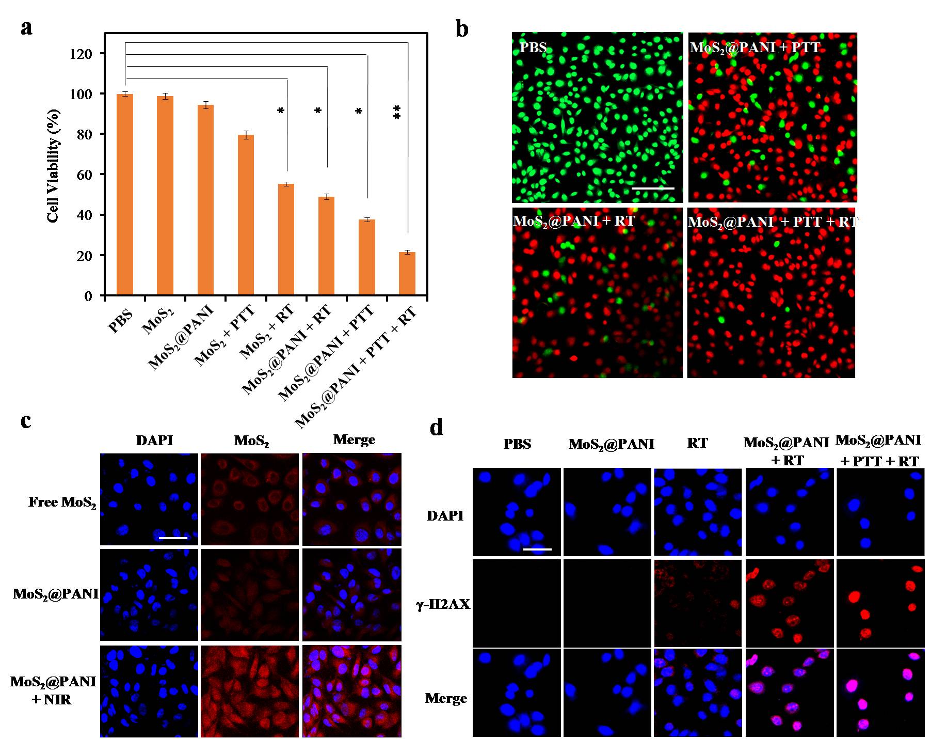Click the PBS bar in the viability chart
point(125,195)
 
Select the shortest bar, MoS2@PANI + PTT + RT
point(407,274)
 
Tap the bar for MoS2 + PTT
point(246,215)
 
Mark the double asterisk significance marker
point(397,112)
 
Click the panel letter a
point(26,27)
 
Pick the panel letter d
point(437,428)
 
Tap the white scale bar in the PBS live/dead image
point(653,188)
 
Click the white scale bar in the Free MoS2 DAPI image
point(173,538)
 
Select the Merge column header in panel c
point(354,440)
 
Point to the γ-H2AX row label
point(443,604)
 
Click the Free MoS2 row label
point(62,502)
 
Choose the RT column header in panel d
point(697,443)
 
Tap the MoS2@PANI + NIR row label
point(53,690)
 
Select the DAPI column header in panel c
point(154,440)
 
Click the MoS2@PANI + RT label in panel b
point(574,221)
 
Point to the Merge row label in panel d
point(446,698)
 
